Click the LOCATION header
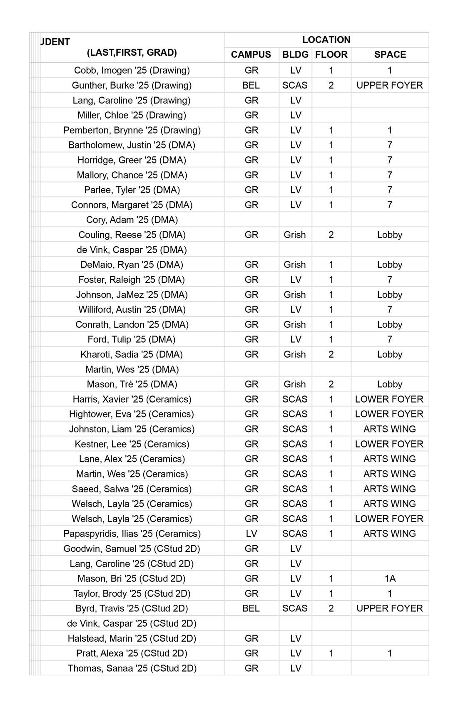click(x=326, y=40)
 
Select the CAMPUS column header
click(x=251, y=54)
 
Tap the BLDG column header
click(x=295, y=54)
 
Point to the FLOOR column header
click(x=331, y=54)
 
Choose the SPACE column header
click(x=390, y=54)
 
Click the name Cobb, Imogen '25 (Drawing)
click(x=132, y=70)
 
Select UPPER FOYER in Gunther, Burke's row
click(x=390, y=85)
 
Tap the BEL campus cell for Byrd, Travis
click(x=251, y=608)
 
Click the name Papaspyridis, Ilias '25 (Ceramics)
click(x=132, y=534)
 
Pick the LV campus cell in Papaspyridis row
click(x=251, y=534)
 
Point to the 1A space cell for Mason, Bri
click(x=390, y=578)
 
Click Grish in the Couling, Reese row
click(x=295, y=235)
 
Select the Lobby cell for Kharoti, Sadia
click(x=390, y=354)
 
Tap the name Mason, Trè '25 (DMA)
click(x=132, y=384)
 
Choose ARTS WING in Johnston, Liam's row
click(x=390, y=429)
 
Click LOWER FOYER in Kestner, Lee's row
click(x=389, y=444)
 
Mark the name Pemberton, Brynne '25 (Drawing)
click(x=132, y=130)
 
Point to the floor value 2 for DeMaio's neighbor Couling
click(x=331, y=235)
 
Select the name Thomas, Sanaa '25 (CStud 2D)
click(x=132, y=668)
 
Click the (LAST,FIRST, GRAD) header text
click(x=132, y=52)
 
